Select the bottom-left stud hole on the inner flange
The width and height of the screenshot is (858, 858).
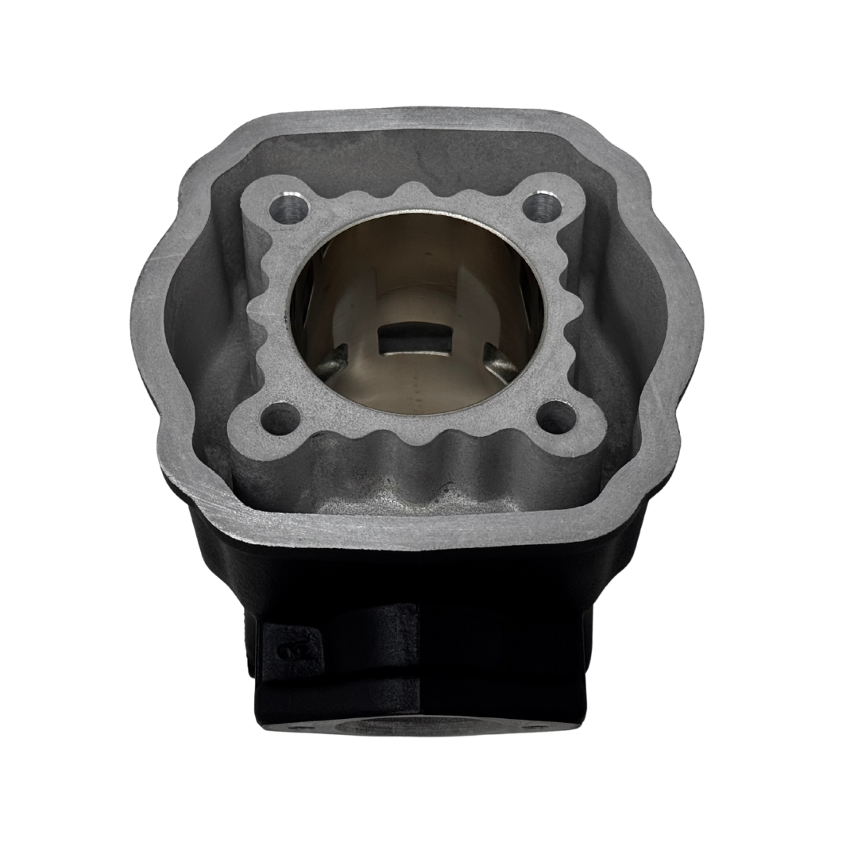tap(277, 414)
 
